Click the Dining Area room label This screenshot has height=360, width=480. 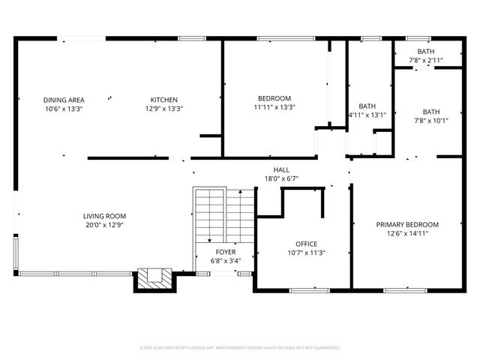(63, 100)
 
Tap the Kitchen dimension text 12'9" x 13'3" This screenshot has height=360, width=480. (163, 109)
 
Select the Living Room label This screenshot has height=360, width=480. (103, 216)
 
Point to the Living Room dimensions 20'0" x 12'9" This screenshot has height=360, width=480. (103, 224)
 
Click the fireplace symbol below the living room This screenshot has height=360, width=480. (154, 279)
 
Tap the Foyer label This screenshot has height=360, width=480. (225, 252)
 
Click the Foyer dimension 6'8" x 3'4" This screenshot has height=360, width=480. (225, 260)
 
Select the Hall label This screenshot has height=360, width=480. (281, 169)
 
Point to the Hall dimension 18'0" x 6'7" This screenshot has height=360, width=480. (281, 178)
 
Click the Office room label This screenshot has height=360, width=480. (306, 244)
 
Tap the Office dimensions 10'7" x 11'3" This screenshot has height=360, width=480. (306, 253)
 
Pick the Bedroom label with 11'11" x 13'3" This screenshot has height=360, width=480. (274, 98)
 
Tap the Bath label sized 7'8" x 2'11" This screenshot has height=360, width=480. (426, 51)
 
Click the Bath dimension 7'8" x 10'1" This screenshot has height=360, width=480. (430, 120)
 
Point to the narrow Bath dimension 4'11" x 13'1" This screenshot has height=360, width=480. (367, 115)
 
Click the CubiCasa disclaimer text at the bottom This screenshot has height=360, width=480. (240, 348)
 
